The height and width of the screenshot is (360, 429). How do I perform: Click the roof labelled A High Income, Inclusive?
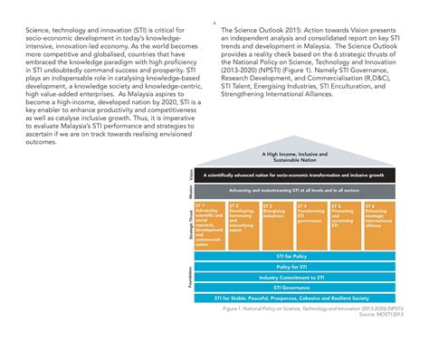click(x=285, y=158)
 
